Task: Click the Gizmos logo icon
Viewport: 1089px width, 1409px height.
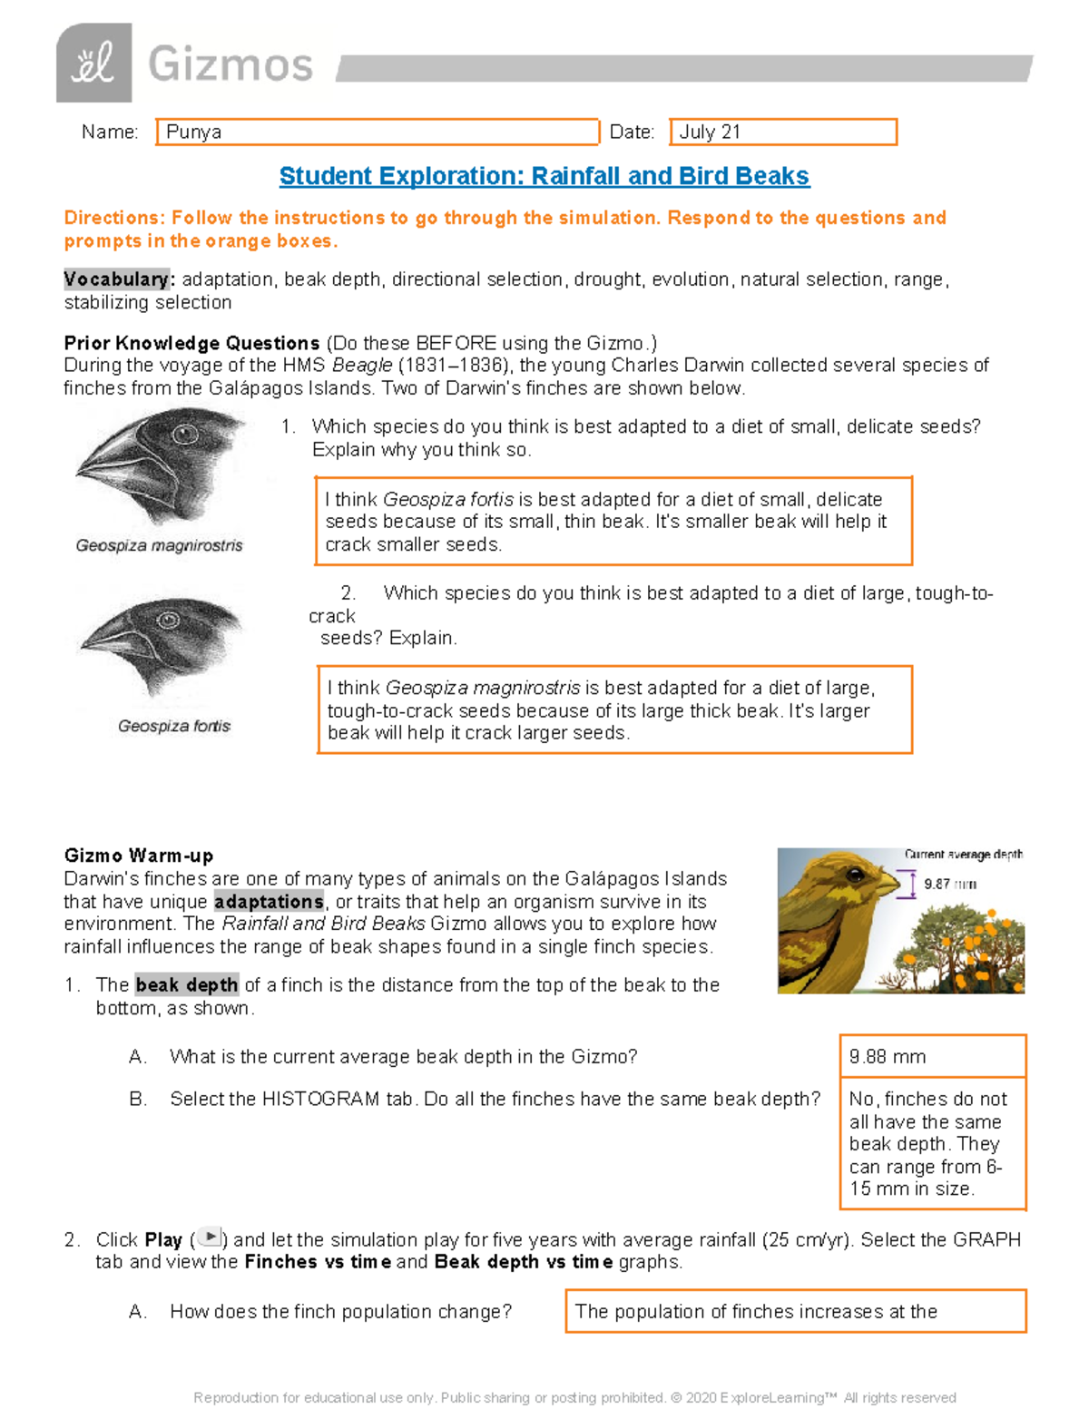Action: tap(93, 63)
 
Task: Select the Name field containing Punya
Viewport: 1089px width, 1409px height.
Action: tap(378, 132)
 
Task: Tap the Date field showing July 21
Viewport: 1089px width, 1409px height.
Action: tap(783, 132)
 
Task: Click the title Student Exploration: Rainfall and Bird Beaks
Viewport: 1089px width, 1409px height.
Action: tap(544, 176)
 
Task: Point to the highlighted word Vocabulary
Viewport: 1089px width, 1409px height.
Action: tap(117, 279)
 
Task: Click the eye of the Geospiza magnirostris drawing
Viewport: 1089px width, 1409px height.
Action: tap(185, 434)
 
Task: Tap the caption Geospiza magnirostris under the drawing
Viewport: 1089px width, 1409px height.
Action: tap(160, 545)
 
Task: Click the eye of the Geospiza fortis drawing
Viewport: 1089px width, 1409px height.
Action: tap(167, 621)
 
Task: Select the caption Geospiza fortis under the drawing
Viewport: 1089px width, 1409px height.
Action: tap(174, 726)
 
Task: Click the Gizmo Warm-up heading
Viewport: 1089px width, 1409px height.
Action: tap(139, 856)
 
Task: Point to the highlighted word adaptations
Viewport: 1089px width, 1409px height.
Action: tap(269, 902)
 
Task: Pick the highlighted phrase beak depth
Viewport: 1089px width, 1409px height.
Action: tap(187, 985)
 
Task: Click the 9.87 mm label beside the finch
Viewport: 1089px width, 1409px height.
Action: tap(949, 884)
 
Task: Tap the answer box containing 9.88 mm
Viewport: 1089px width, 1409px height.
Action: tap(933, 1056)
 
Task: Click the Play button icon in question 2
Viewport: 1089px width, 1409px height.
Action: tap(210, 1237)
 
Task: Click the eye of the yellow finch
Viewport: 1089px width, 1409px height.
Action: tap(855, 876)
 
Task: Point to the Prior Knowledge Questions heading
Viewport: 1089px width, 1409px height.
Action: tap(191, 343)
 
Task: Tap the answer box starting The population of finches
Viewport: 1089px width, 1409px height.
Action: tap(796, 1311)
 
